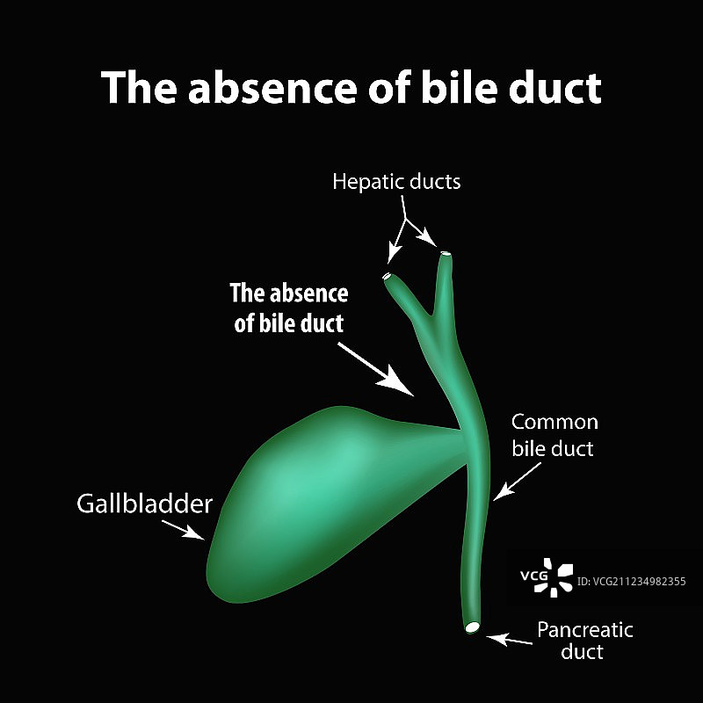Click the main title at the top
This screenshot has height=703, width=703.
(x=351, y=88)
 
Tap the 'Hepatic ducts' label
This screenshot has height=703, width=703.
(x=396, y=182)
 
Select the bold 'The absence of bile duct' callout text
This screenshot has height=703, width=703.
(x=288, y=308)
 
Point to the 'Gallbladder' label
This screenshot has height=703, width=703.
(x=145, y=504)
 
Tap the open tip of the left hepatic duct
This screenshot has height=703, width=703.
(x=388, y=277)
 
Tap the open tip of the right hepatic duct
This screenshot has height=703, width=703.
(x=446, y=255)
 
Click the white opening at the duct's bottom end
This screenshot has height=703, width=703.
(x=473, y=627)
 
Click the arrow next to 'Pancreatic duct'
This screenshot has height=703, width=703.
(x=511, y=638)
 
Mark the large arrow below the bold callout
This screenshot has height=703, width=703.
(x=375, y=367)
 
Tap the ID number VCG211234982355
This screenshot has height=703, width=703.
(x=632, y=581)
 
